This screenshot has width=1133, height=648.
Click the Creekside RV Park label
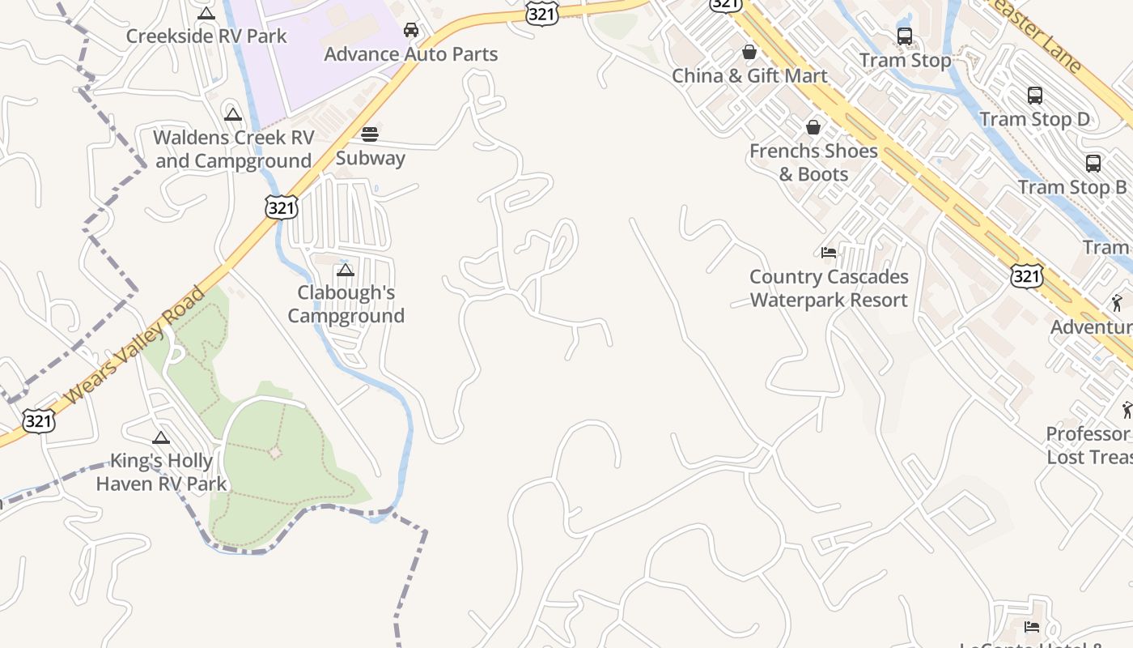click(206, 36)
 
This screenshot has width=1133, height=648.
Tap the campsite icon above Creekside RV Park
click(206, 13)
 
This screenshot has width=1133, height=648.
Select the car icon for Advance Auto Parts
click(411, 30)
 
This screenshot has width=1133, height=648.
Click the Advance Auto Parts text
click(411, 54)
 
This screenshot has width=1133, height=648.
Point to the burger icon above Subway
click(370, 134)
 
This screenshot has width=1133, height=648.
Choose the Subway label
click(370, 158)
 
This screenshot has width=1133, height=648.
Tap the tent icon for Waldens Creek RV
click(233, 114)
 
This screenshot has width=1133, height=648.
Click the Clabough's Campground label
click(346, 304)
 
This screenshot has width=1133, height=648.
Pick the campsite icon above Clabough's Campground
click(346, 270)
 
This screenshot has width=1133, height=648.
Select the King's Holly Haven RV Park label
click(161, 472)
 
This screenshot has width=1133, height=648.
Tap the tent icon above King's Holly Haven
click(161, 438)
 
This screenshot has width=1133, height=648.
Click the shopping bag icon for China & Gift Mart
click(749, 52)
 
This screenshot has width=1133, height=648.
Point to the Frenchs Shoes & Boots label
click(813, 162)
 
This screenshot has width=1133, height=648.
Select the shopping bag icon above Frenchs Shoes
click(813, 127)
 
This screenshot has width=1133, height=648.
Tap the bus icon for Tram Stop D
click(1034, 96)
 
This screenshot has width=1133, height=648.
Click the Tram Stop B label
click(1072, 187)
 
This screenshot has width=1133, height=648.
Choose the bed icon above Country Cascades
click(829, 253)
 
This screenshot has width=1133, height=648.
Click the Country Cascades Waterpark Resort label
click(829, 288)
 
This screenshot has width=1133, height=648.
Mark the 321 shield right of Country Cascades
click(1026, 276)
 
